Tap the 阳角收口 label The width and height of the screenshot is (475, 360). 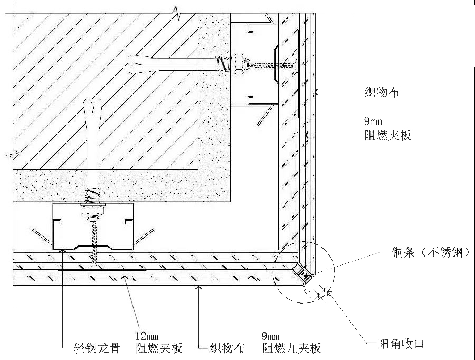pyautogui.click(x=397, y=344)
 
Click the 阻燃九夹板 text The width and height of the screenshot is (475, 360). pyautogui.click(x=291, y=348)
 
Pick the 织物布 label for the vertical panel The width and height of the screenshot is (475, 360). pyautogui.click(x=382, y=93)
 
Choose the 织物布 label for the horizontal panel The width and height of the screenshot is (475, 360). pyautogui.click(x=227, y=348)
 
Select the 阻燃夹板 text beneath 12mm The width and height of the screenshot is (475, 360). pyautogui.click(x=159, y=348)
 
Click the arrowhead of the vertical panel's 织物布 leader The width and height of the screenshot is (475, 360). pyautogui.click(x=316, y=93)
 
